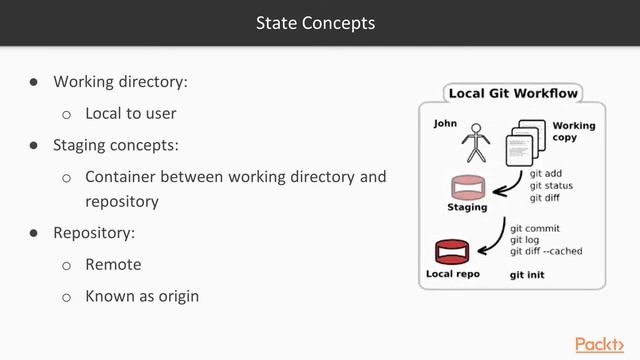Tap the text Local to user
[x=130, y=113]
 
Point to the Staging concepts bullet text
[x=116, y=145]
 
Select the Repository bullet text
[x=94, y=232]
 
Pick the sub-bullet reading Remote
[x=113, y=264]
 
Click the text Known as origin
[x=142, y=296]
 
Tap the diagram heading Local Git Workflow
[x=513, y=94]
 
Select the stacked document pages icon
[x=524, y=144]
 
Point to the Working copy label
[x=573, y=131]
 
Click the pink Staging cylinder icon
[x=465, y=187]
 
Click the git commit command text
[x=537, y=228]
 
